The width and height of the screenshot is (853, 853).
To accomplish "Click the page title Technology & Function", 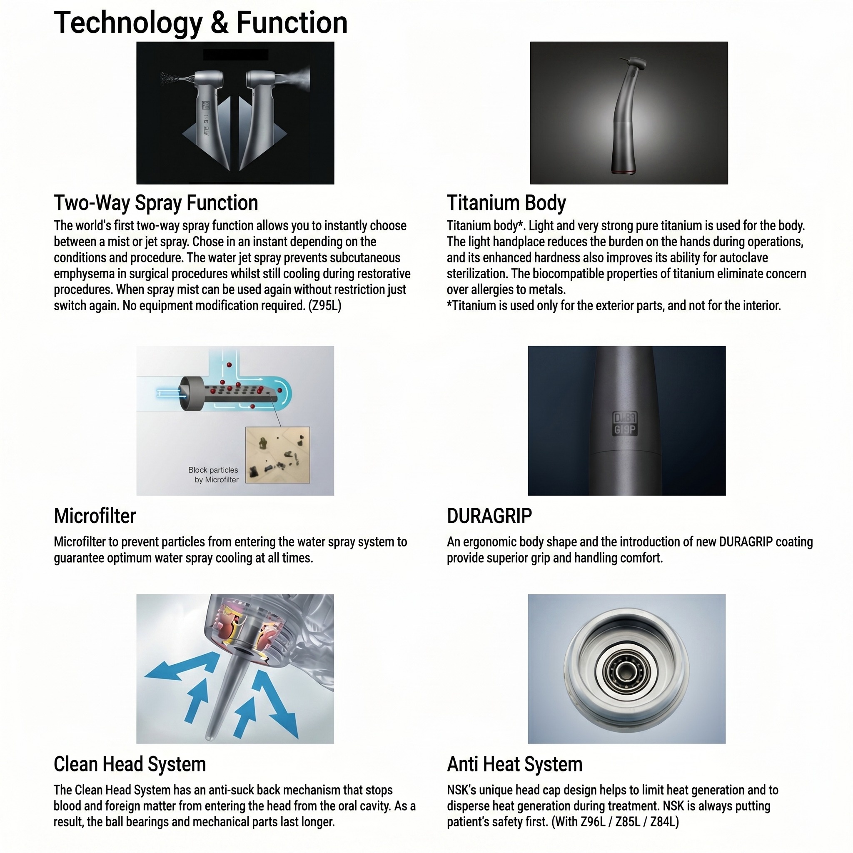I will pos(200,23).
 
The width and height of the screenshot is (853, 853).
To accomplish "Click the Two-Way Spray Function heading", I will pos(156,203).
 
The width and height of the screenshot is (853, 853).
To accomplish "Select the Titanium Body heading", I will pos(506,203).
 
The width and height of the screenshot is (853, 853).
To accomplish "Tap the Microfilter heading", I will pos(95,516).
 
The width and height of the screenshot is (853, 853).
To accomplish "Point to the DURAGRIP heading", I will pos(489,516).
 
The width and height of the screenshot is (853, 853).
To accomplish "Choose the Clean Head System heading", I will pos(130,764).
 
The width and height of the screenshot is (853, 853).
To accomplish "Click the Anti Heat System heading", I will pos(514,764).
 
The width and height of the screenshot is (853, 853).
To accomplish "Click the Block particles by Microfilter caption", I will pos(214,475).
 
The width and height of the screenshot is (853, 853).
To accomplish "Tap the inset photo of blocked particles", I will pos(278,455).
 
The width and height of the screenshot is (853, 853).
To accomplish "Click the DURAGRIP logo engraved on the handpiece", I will pos(625,424).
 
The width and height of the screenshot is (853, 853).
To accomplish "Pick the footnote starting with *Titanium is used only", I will pos(614,306).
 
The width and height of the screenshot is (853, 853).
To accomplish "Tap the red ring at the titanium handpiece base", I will pos(623,171).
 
